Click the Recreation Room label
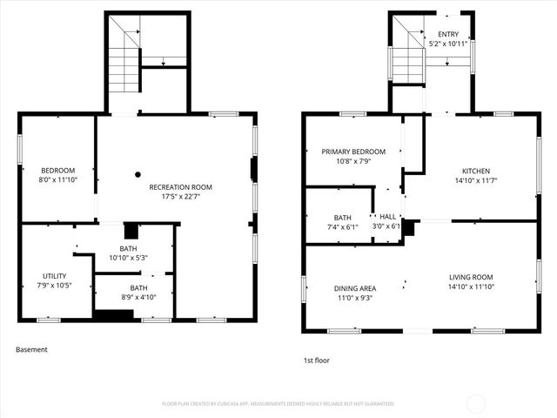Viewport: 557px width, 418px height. click(181, 187)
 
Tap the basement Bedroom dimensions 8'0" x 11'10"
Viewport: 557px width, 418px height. click(57, 179)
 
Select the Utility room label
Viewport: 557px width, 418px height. click(54, 276)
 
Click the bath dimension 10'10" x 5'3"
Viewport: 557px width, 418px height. click(128, 258)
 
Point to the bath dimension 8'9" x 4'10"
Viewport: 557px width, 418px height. click(138, 297)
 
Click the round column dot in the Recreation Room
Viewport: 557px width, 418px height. click(138, 174)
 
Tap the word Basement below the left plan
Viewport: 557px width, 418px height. click(31, 350)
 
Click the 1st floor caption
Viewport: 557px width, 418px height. click(317, 360)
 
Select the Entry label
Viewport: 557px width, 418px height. click(448, 34)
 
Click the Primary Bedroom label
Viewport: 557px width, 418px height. click(352, 152)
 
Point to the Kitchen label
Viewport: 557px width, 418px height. click(475, 171)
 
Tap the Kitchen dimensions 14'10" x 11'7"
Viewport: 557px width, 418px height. click(475, 180)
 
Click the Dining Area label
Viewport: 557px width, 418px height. click(355, 287)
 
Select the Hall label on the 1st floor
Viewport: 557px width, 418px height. click(387, 217)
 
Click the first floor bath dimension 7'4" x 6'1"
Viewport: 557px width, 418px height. click(342, 226)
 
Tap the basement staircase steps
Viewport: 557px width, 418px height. click(124, 70)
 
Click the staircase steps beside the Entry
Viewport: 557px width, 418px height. click(406, 64)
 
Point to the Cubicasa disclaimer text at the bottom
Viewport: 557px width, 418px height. click(278, 404)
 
